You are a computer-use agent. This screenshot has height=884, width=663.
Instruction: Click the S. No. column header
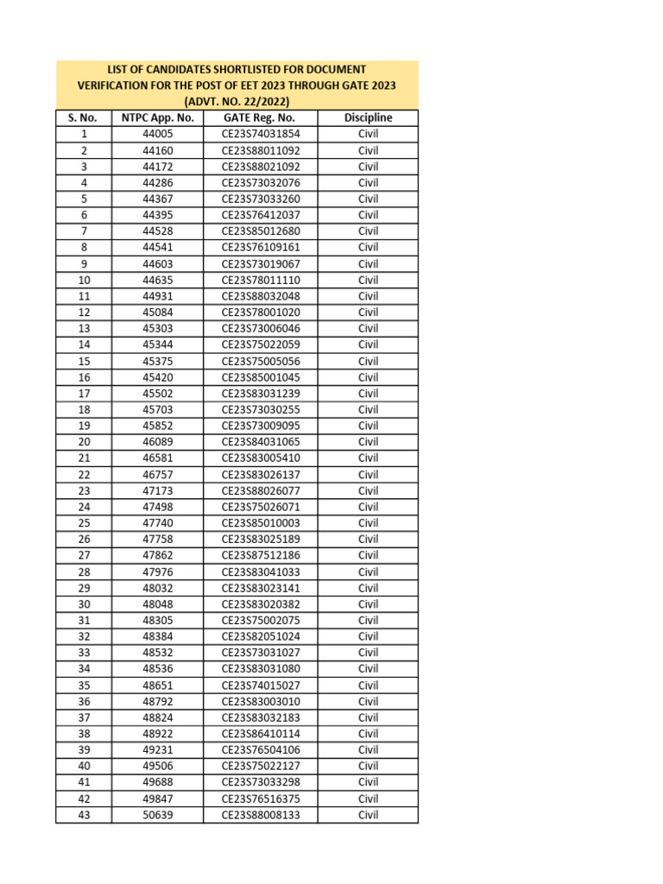coord(84,117)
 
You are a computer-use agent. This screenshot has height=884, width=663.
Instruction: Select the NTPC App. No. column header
coord(158,117)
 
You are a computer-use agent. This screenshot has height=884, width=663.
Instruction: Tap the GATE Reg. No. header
coord(260,117)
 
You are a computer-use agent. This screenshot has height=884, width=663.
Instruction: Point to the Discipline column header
coord(368,117)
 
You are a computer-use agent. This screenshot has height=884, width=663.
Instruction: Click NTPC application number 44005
coord(158,134)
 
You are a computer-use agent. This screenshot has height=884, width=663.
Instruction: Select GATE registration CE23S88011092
coord(261,150)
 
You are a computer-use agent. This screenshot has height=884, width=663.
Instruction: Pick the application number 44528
coord(158,231)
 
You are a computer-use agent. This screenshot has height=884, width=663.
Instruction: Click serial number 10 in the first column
coord(84,280)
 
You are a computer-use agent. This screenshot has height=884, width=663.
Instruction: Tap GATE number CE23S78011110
coord(261,280)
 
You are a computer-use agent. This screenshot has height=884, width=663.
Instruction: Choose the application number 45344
coord(158,344)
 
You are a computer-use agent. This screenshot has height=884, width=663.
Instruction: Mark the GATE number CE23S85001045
coord(261,377)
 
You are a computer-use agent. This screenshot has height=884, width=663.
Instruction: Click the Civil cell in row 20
coord(368,442)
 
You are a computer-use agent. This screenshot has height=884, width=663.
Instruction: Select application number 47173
coord(158,490)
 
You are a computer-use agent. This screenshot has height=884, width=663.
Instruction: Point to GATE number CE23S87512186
coord(261,555)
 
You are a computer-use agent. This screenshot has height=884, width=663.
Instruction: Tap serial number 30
coord(84,604)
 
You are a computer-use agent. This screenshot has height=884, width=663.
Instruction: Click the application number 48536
coord(158,669)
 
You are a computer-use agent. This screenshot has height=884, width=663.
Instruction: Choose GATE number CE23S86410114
coord(261,734)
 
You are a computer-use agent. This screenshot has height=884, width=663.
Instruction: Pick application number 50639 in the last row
coord(158,815)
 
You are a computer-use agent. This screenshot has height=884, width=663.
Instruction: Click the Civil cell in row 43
coord(368,815)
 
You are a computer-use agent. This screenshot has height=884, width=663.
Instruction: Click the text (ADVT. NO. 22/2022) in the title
coord(237,101)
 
